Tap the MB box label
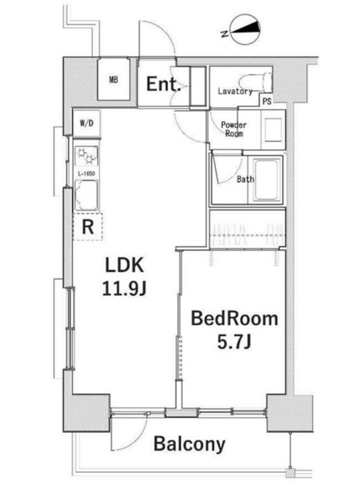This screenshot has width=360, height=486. pyautogui.click(x=113, y=79)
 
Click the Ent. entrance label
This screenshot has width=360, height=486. pyautogui.click(x=164, y=85)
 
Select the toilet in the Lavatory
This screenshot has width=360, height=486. pyautogui.click(x=255, y=82)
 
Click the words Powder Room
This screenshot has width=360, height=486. pyautogui.click(x=234, y=129)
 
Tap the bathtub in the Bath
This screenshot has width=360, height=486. pyautogui.click(x=267, y=179)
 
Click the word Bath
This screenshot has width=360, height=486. pyautogui.click(x=246, y=179)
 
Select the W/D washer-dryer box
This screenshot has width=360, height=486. pyautogui.click(x=87, y=122)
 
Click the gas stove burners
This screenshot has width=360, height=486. pyautogui.click(x=87, y=155)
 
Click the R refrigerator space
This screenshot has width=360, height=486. pyautogui.click(x=87, y=227)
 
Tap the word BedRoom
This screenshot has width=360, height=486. pyautogui.click(x=234, y=318)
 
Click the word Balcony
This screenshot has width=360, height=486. pyautogui.click(x=189, y=444)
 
